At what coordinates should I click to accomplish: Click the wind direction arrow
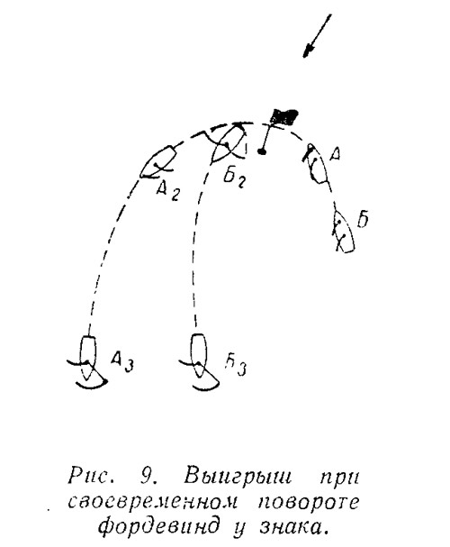[x=317, y=35]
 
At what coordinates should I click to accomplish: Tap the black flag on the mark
[x=285, y=117]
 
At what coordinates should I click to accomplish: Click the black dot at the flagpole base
[x=262, y=151]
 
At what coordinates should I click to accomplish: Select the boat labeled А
[x=316, y=164]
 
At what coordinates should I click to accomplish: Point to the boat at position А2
[x=158, y=162]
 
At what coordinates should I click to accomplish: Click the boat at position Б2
[x=229, y=143]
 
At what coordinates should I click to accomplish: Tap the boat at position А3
[x=87, y=362]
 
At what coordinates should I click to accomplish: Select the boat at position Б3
[x=199, y=361]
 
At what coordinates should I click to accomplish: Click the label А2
[x=168, y=191]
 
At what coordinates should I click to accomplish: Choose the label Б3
[x=236, y=366]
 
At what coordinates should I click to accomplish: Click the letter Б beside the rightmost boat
[x=363, y=219]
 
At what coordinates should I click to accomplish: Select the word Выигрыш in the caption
[x=237, y=476]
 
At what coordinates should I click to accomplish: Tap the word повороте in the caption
[x=309, y=502]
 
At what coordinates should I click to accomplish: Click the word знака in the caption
[x=293, y=527]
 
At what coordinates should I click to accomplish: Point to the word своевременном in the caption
[x=153, y=502]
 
